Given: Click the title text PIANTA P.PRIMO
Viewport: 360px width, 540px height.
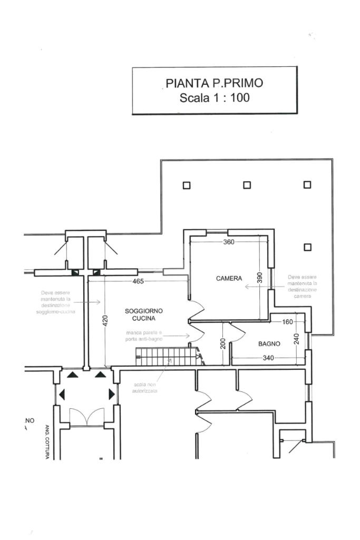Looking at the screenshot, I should [214, 83].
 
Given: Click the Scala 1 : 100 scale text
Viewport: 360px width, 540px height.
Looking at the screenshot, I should [214, 97].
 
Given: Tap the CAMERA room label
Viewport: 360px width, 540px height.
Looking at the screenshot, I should [229, 278].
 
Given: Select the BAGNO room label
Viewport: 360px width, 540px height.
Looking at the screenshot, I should [269, 344].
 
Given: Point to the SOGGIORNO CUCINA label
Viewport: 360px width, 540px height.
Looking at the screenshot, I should [144, 315].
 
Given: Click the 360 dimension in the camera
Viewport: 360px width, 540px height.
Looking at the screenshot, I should [229, 242].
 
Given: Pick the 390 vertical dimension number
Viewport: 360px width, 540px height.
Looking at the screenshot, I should [259, 278].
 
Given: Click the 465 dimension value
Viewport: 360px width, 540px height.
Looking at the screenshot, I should [138, 281].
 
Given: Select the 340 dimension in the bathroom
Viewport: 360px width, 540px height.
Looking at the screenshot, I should [268, 359].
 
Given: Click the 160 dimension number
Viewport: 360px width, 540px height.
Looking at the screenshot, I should [287, 322].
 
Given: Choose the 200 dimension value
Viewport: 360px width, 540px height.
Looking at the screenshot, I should [223, 343].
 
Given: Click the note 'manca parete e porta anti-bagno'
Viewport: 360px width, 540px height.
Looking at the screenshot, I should [144, 336].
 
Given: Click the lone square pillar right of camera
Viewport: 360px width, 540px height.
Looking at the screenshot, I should [308, 247].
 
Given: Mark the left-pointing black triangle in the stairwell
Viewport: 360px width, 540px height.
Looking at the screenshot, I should [62, 394].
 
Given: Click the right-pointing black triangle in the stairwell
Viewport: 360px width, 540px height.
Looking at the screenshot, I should [111, 394].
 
